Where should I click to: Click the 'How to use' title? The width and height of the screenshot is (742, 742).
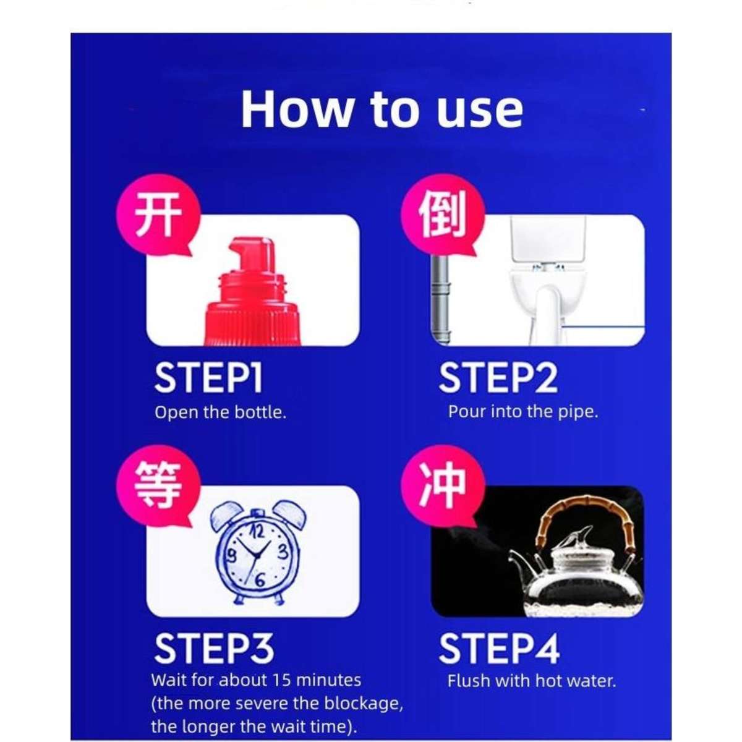click(x=382, y=110)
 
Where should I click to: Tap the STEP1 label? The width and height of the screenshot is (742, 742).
click(x=208, y=378)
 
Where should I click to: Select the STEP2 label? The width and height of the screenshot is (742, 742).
click(x=498, y=378)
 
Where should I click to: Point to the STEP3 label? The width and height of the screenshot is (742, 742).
click(x=213, y=649)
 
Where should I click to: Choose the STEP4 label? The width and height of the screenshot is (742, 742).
click(x=499, y=649)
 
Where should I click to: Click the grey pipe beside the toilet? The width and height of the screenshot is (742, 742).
click(x=440, y=297)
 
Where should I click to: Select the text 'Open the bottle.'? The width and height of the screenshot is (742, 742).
click(x=220, y=412)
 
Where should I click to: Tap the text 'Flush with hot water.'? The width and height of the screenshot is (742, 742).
click(x=532, y=681)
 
